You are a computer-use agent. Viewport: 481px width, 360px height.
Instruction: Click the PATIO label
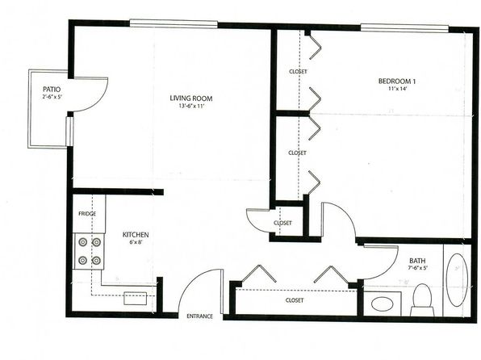(x=52, y=90)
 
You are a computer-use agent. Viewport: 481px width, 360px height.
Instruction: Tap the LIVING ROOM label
(x=191, y=98)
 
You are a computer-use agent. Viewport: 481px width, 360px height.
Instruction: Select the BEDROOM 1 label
(x=397, y=82)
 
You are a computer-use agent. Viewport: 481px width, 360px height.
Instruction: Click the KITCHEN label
(x=136, y=235)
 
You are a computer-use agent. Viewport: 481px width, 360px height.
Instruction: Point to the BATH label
(x=417, y=261)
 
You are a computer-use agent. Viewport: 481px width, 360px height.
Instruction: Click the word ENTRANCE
(x=199, y=316)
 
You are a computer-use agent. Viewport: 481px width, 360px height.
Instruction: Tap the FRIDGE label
(x=87, y=214)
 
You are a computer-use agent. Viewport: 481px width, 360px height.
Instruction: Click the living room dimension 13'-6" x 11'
(x=191, y=107)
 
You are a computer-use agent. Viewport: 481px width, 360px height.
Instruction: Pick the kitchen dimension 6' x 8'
(x=136, y=242)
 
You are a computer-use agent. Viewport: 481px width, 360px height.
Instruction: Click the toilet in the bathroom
(x=422, y=299)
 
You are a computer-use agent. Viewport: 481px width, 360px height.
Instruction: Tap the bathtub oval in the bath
(x=457, y=279)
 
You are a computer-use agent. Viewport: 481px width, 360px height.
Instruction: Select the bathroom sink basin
(x=383, y=304)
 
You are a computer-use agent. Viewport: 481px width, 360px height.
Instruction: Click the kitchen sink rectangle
(x=136, y=299)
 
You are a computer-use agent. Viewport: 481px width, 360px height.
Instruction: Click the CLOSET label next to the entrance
(x=295, y=300)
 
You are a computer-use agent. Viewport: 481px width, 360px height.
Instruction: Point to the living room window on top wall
(x=174, y=23)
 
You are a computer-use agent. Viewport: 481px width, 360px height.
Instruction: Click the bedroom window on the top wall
(x=404, y=28)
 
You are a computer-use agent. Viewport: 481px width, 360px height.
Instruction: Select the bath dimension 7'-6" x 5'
(x=417, y=268)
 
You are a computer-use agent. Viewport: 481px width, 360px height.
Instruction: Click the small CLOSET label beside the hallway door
(x=282, y=223)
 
